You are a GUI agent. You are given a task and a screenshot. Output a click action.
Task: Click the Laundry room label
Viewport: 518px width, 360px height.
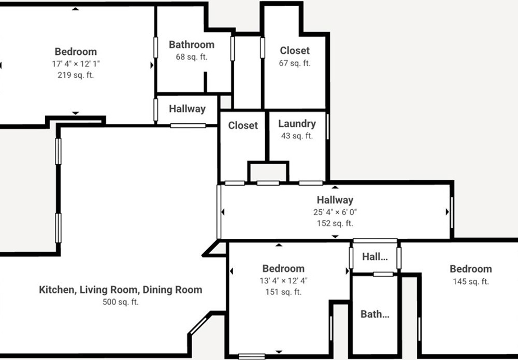297,124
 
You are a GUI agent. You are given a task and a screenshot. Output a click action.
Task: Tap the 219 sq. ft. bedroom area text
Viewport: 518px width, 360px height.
76,75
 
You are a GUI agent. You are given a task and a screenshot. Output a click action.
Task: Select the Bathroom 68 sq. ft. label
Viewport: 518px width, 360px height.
192,45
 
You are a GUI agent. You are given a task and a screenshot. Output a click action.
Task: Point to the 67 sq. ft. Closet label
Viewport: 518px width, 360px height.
295,63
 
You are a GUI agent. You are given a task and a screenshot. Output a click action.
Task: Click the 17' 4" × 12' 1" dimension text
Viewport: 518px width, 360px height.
76,63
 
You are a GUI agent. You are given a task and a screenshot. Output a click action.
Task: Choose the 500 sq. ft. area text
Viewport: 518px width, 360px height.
121,302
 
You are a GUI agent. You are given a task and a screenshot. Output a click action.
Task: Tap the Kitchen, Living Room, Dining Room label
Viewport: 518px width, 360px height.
121,290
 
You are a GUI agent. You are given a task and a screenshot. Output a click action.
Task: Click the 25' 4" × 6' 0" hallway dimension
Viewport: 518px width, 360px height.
335,212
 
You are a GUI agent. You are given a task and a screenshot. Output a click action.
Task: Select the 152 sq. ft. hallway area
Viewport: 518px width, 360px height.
335,223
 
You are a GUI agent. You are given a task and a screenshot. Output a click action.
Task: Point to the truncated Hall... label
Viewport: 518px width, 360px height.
375,256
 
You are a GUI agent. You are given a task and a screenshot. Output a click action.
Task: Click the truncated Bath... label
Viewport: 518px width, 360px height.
375,314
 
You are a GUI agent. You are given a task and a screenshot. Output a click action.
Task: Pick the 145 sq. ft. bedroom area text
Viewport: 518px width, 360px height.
471,281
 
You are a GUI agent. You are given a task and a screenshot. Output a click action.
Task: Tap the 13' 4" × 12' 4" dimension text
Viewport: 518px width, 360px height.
283,281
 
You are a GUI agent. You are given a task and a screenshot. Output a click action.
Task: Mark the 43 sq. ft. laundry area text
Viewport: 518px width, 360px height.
297,136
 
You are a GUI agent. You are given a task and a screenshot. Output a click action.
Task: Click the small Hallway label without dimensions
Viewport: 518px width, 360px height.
188,109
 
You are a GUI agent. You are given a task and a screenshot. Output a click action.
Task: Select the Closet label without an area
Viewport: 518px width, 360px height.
243,125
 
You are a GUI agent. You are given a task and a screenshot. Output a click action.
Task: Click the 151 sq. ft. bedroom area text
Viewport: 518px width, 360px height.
283,292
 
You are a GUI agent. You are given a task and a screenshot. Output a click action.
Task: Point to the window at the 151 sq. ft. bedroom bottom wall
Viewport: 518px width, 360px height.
252,356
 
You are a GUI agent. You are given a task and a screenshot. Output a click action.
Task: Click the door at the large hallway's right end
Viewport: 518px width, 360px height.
452,212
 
